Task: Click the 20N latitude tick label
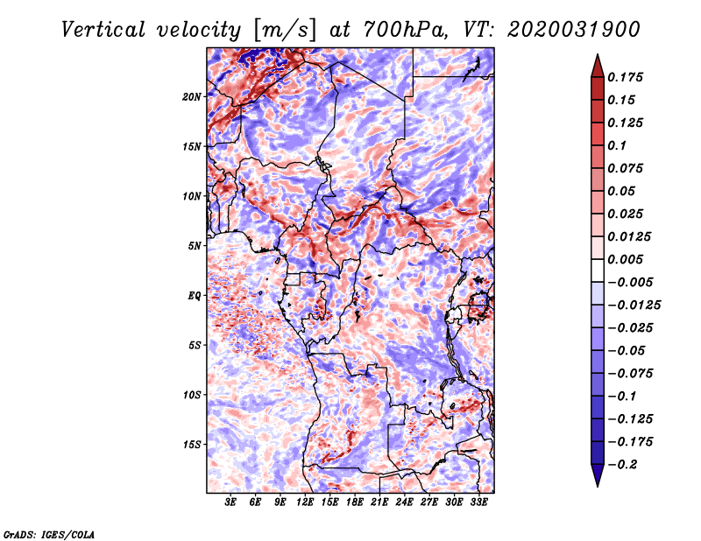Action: click(x=192, y=96)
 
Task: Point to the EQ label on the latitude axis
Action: click(x=194, y=296)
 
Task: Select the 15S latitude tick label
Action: click(x=192, y=445)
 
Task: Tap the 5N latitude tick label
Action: click(x=195, y=246)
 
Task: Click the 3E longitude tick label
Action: click(x=230, y=502)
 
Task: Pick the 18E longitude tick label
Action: click(x=354, y=502)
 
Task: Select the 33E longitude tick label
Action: click(x=478, y=502)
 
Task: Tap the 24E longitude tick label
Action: click(x=404, y=502)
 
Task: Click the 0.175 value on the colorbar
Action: click(x=625, y=77)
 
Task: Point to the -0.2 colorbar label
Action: click(x=622, y=465)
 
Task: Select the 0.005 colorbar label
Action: click(x=625, y=259)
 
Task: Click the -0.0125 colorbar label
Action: click(x=634, y=306)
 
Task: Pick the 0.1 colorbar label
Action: click(x=617, y=145)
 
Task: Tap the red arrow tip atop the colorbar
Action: click(x=598, y=54)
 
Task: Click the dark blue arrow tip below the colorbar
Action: click(x=598, y=486)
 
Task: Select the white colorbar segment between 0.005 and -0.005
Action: click(x=598, y=270)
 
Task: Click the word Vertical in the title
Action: click(x=103, y=30)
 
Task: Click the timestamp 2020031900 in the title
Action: click(x=574, y=30)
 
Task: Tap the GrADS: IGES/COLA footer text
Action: click(x=49, y=534)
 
